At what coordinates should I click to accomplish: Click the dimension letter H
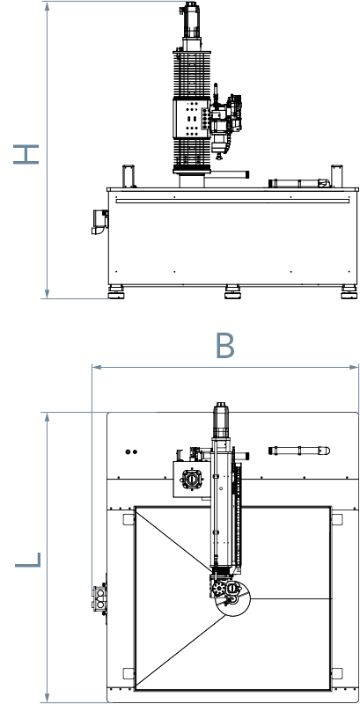pos(26,154)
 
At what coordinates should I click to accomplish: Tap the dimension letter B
pos(224,345)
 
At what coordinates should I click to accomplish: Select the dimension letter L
pos(28,560)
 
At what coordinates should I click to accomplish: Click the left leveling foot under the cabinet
pos(116,291)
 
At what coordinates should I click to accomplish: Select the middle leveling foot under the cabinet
pos(232,291)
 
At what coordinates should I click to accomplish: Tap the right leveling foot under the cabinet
pos(349,291)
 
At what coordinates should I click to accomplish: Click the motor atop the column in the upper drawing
pos(191,20)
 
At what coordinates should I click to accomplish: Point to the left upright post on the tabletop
pos(129,177)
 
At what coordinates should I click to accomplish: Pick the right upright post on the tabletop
pos(336,177)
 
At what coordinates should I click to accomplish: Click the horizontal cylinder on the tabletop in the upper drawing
pos(299,183)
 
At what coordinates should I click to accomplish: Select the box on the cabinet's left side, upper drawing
pos(99,222)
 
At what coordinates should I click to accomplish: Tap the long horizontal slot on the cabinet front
pos(232,202)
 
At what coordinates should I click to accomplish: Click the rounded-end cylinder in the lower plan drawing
pos(299,451)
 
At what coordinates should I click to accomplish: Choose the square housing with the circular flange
pos(192,480)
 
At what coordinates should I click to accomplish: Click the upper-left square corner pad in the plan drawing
pos(129,519)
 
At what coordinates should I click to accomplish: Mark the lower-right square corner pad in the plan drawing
pos(336,673)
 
